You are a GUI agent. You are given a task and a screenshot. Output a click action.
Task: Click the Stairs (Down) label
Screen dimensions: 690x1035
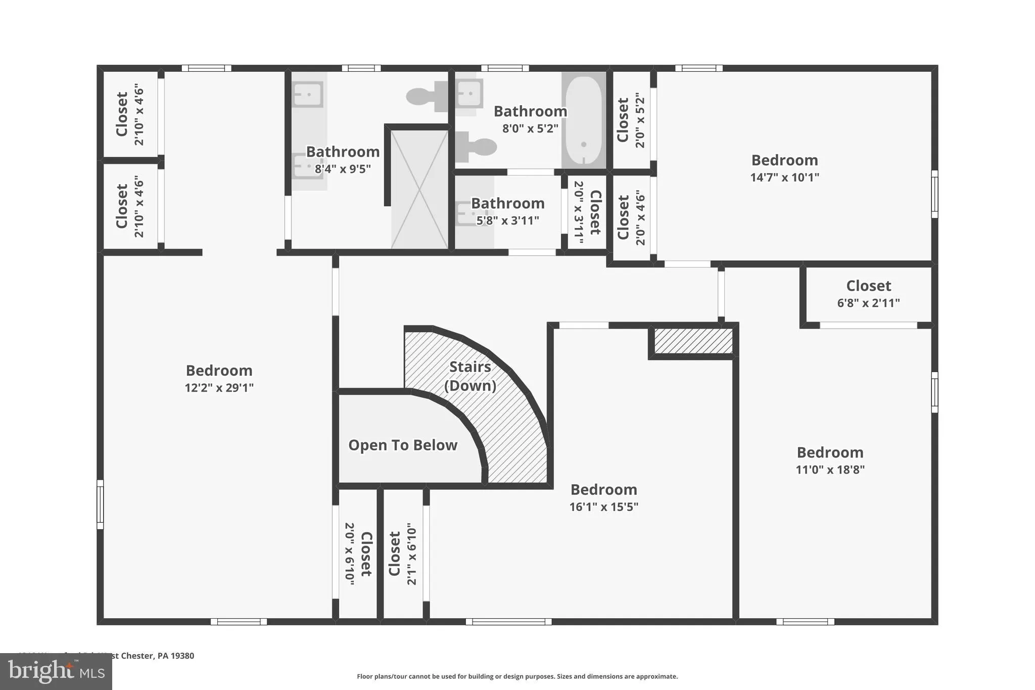(x=470, y=376)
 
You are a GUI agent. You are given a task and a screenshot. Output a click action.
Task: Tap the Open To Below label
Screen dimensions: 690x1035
(x=403, y=445)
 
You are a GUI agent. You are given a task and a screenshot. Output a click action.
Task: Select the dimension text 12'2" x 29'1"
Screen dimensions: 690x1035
(x=219, y=388)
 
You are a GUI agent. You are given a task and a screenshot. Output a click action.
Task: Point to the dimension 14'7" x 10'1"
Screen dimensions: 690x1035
(x=784, y=177)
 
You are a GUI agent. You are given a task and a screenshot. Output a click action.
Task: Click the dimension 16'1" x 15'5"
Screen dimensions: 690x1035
(x=603, y=507)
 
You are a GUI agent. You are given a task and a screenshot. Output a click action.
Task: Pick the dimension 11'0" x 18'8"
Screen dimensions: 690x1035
(x=830, y=470)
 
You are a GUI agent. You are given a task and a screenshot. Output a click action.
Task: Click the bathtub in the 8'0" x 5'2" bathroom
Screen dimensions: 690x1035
(x=584, y=120)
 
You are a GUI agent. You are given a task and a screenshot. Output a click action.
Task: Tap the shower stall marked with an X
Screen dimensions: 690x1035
(x=419, y=189)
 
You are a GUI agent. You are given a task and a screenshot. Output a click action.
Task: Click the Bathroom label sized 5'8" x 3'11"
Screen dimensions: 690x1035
(x=507, y=203)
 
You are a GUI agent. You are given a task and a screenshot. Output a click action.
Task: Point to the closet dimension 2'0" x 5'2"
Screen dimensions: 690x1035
(x=640, y=120)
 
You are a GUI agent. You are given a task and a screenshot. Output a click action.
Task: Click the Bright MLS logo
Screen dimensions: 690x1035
(x=56, y=672)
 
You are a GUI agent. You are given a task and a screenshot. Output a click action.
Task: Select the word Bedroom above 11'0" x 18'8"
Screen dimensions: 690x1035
(x=830, y=452)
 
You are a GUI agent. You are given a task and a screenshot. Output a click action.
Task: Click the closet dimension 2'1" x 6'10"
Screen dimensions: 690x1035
(x=412, y=554)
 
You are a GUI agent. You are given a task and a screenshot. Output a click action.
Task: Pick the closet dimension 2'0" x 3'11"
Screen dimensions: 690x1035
(x=579, y=212)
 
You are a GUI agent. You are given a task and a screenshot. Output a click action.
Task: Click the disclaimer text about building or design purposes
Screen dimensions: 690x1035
(x=517, y=676)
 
